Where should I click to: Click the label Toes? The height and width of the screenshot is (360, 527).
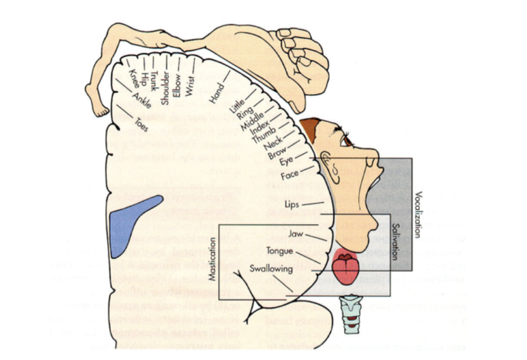click(x=141, y=125)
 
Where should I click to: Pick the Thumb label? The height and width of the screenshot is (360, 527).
click(x=263, y=132)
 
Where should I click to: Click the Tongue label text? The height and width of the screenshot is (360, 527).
click(x=280, y=251)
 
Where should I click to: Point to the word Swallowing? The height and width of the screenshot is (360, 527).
click(x=271, y=268)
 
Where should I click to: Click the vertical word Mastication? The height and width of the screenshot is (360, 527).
click(x=213, y=261)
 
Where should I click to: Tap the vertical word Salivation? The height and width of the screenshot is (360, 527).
click(x=395, y=239)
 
